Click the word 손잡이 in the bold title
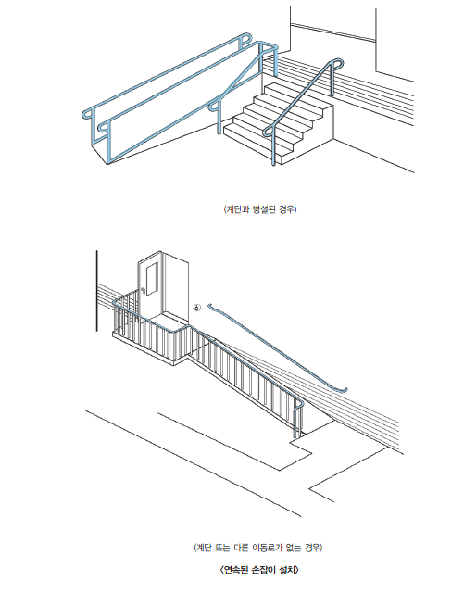pos(263,570)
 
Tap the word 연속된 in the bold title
pos(235,570)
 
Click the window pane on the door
pos(152,279)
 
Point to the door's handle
pos(143,290)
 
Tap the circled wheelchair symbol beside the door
pos(197,308)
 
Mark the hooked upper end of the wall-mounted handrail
pos(210,306)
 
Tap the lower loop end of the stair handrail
pos(268,131)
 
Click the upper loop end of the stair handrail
pos(337,64)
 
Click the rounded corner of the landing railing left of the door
pos(117,303)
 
